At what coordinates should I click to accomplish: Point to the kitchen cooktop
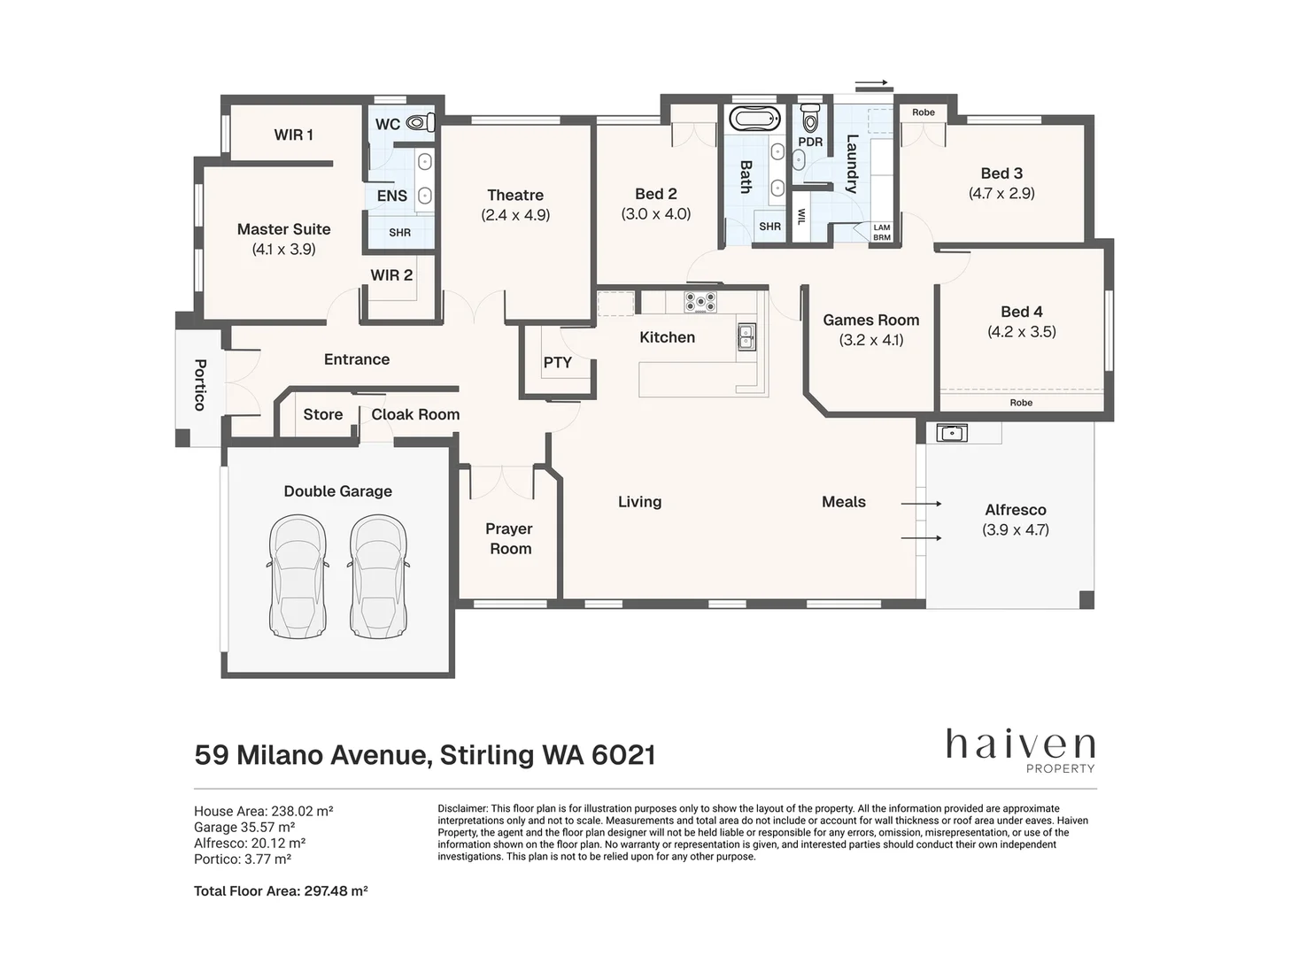coord(700,302)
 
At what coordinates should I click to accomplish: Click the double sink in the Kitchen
coord(746,336)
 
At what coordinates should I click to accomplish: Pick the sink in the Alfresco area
coord(951,433)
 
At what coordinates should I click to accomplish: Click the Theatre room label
coord(515,195)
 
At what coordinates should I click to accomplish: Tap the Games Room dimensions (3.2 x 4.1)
coord(871,340)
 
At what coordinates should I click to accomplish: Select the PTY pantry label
coord(557,362)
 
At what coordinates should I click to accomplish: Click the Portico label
coord(200,384)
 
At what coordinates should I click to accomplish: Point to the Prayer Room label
coord(509,538)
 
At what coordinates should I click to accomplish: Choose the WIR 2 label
coord(391,275)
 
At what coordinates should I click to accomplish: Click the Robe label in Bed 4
coord(1021,403)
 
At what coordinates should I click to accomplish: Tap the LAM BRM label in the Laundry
coord(882,233)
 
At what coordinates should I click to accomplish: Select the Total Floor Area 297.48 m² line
coord(281,891)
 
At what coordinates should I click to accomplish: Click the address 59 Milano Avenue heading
coord(425,755)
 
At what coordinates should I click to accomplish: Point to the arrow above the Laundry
coord(872,83)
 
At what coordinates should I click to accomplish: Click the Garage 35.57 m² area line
coord(244,827)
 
